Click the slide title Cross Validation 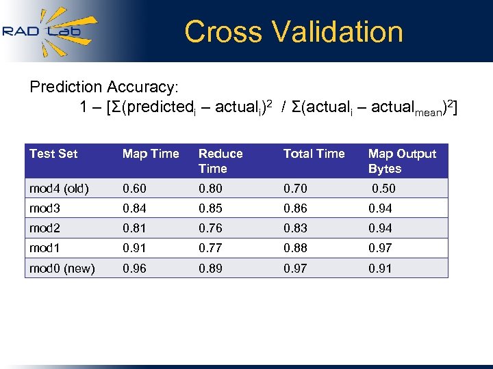[x=294, y=31]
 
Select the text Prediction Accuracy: [x=104, y=87]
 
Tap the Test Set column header [x=53, y=154]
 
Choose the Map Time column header [x=151, y=154]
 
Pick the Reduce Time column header [x=220, y=161]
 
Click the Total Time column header [x=314, y=154]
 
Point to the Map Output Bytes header [x=402, y=161]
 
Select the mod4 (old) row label [x=59, y=189]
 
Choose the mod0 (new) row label [x=62, y=268]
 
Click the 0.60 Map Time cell [x=134, y=189]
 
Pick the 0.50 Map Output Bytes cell [x=383, y=189]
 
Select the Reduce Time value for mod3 [x=210, y=208]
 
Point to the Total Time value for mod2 [x=295, y=228]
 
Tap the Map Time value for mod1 [x=134, y=248]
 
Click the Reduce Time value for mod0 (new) [x=210, y=268]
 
